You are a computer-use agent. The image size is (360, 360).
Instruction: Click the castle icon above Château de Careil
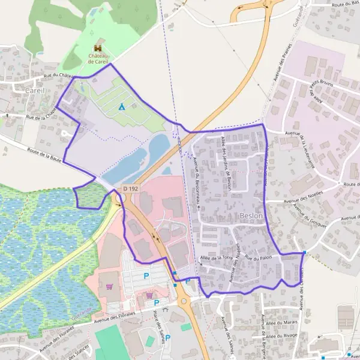point(97,49)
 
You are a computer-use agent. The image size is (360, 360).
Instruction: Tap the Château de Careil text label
point(97,58)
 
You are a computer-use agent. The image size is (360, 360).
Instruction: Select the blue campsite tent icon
point(121,107)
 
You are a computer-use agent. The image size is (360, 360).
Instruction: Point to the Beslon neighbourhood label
point(251,215)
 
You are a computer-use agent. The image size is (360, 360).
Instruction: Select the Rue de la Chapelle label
point(42,115)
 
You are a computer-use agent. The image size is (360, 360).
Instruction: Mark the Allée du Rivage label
point(284,338)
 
